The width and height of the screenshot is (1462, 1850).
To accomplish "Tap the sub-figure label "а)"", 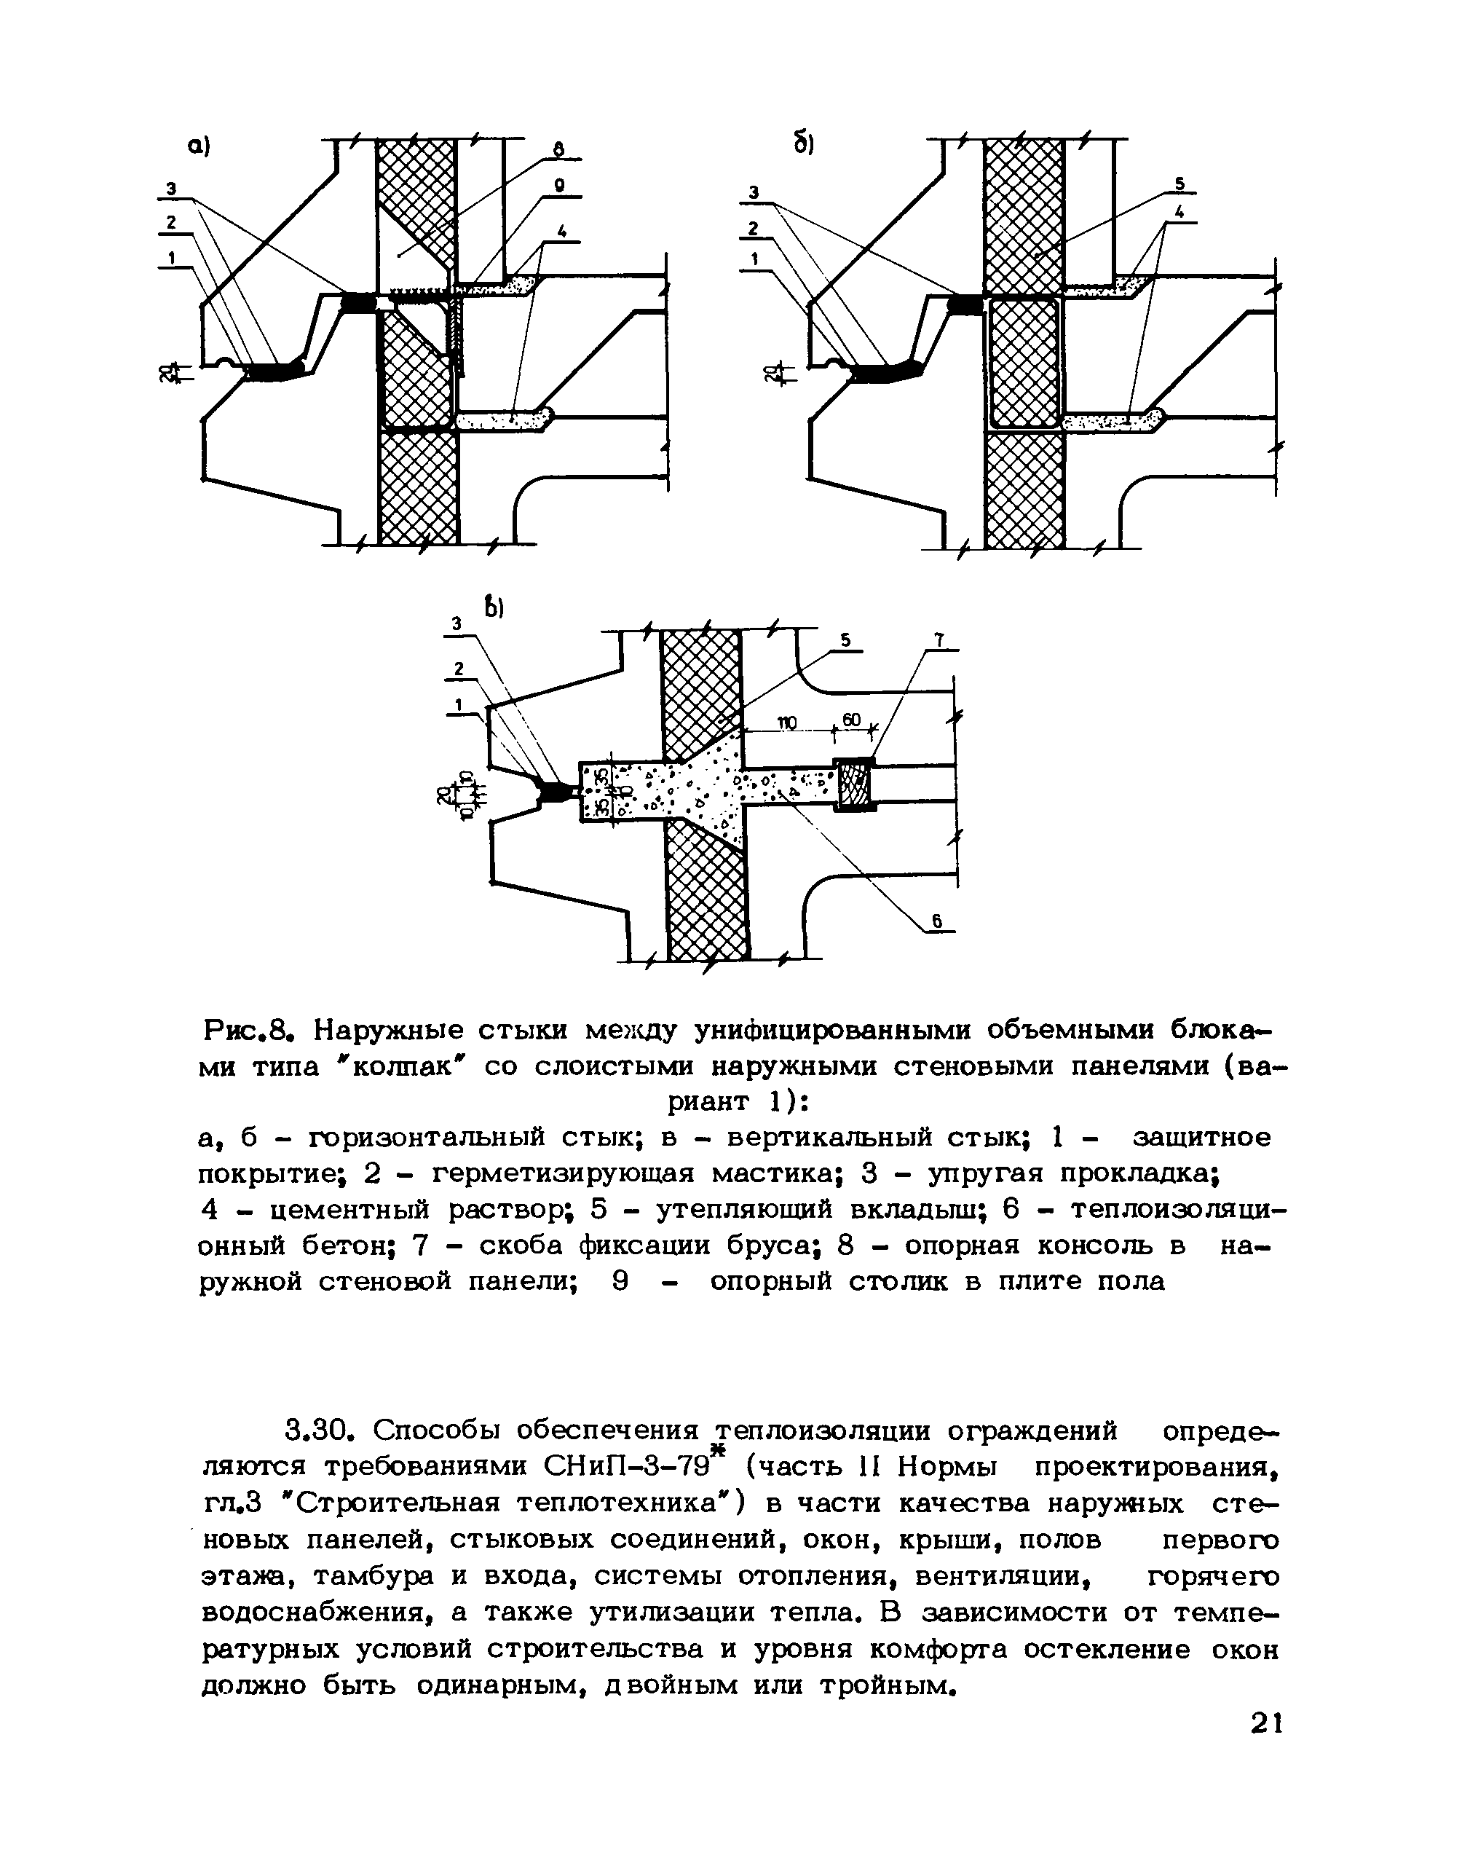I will pyautogui.click(x=199, y=148).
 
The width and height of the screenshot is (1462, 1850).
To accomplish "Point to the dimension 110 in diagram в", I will pyautogui.click(x=786, y=723).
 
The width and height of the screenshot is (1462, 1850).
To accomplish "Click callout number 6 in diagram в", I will pyautogui.click(x=937, y=921).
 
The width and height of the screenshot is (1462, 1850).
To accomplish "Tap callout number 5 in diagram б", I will pyautogui.click(x=1179, y=184).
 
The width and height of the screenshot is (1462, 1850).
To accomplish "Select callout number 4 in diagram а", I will pyautogui.click(x=561, y=230).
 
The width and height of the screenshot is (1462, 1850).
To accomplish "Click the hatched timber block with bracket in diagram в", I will pyautogui.click(x=854, y=785).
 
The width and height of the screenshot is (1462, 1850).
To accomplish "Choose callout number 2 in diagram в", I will pyautogui.click(x=459, y=669).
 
